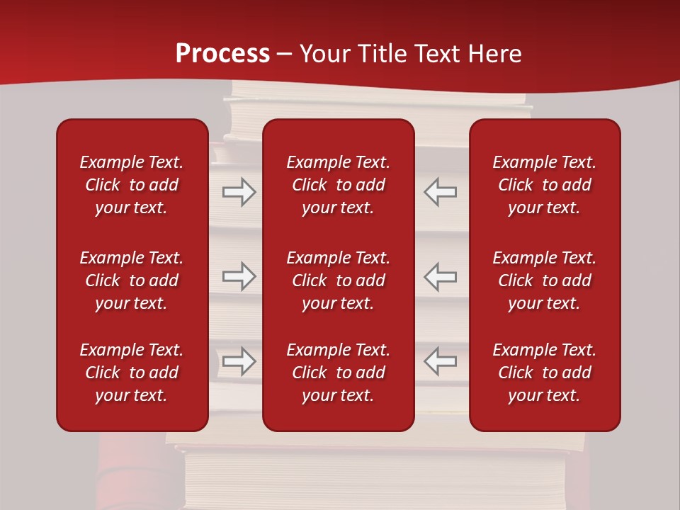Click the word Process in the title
(222, 54)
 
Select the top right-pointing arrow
(239, 192)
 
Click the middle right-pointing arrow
(239, 276)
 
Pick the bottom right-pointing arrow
(239, 361)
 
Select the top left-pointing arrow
(440, 192)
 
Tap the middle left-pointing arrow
(440, 276)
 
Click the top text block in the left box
(132, 185)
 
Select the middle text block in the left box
(132, 280)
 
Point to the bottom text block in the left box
(132, 373)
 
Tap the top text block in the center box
(339, 185)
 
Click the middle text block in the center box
(339, 280)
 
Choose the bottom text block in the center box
(339, 373)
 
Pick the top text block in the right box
(545, 185)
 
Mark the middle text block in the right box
(545, 280)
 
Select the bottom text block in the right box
(545, 373)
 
